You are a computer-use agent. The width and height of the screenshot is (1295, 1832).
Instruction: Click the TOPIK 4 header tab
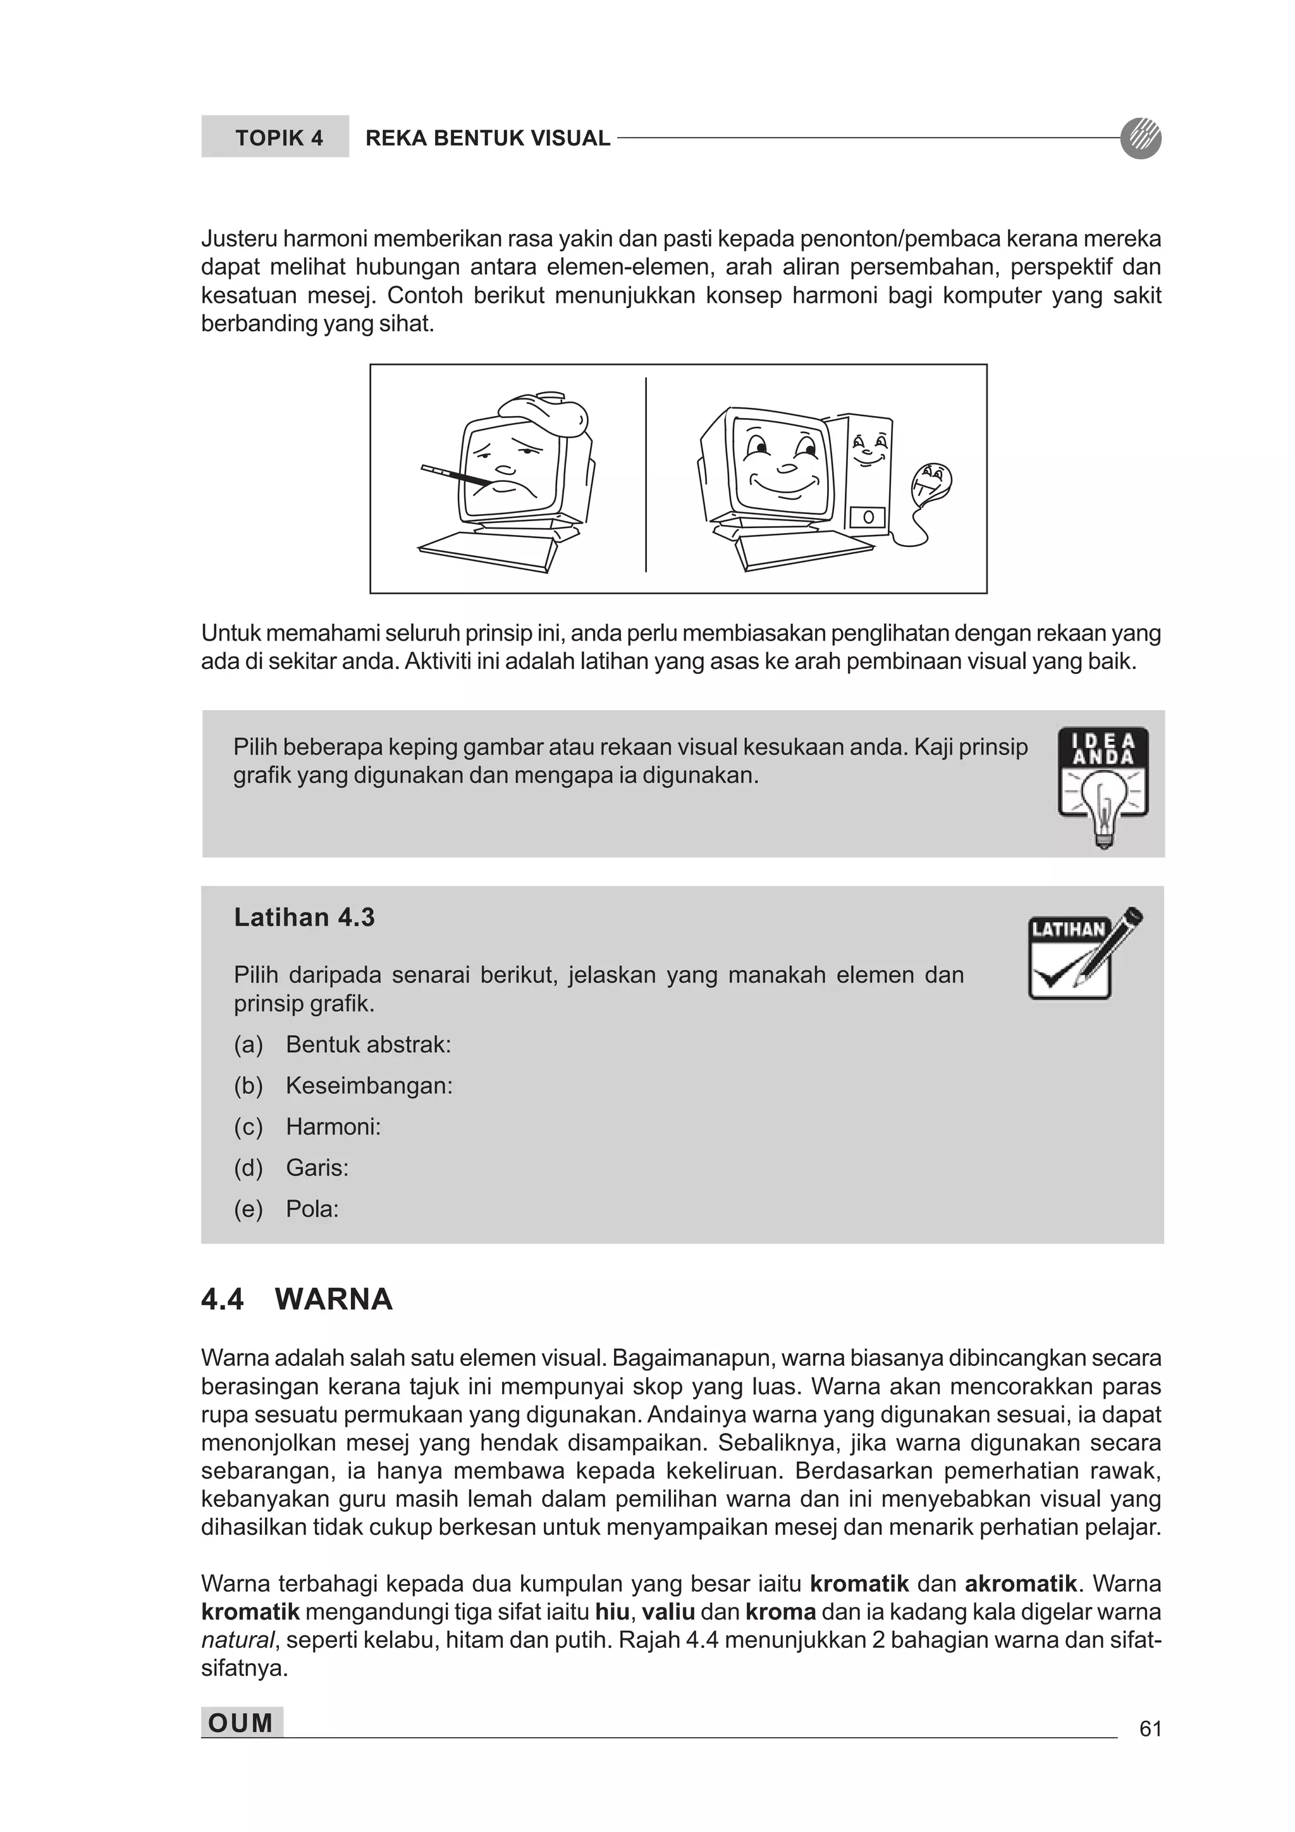[x=274, y=137]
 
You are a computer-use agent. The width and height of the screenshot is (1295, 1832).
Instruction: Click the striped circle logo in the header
[x=1140, y=137]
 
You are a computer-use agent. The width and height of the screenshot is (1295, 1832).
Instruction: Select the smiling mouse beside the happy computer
[x=931, y=482]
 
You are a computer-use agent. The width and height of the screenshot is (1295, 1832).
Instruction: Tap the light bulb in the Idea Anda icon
[x=1103, y=805]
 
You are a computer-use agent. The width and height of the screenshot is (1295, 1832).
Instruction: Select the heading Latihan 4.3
[x=304, y=918]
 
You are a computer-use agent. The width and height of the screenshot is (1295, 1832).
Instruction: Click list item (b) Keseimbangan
[x=369, y=1085]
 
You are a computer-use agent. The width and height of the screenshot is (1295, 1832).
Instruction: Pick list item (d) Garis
[x=317, y=1167]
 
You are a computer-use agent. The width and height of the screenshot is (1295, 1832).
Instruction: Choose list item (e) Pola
[x=312, y=1209]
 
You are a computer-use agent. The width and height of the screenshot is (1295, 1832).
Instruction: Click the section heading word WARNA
[x=333, y=1299]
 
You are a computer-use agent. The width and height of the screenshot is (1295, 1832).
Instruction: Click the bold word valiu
[x=668, y=1612]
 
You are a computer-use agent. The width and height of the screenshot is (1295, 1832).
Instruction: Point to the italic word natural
[x=237, y=1640]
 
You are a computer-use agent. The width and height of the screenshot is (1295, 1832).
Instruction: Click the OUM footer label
[x=241, y=1723]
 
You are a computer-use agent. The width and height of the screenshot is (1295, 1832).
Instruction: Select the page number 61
[x=1150, y=1728]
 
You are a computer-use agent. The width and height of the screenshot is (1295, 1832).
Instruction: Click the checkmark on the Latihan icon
[x=1055, y=974]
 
